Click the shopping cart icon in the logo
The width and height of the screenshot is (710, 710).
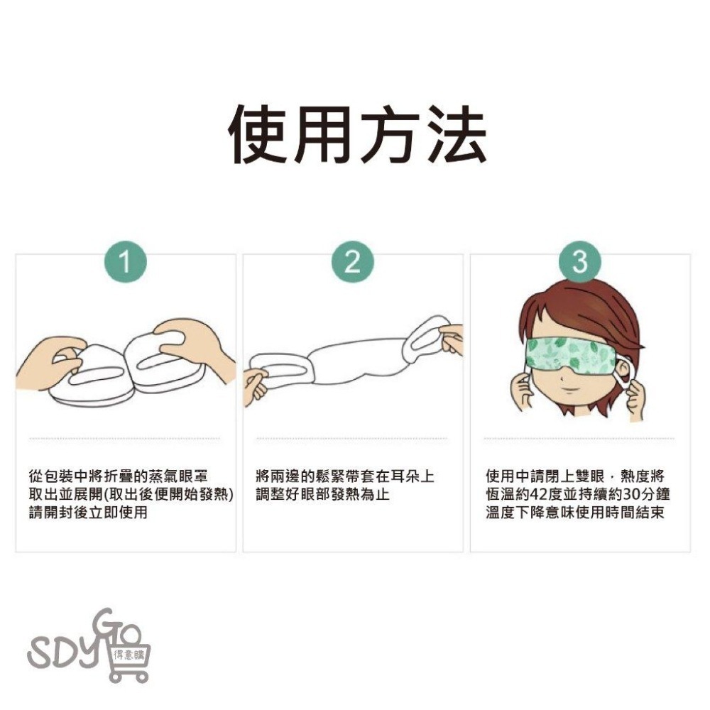point(130,657)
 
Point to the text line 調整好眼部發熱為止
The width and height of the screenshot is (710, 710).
point(322,494)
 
